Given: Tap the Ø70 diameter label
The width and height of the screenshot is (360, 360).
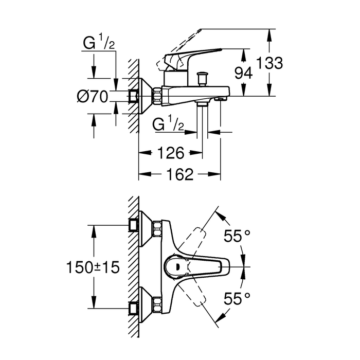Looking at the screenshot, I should pos(93,96).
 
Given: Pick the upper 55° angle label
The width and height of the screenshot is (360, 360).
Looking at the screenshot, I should pos(237,237).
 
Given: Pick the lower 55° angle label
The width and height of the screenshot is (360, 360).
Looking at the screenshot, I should pos(237,297).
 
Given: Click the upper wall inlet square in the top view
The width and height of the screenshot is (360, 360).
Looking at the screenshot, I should pos(134,224).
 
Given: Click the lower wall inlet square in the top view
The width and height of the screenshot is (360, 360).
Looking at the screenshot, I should pos(134,310).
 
